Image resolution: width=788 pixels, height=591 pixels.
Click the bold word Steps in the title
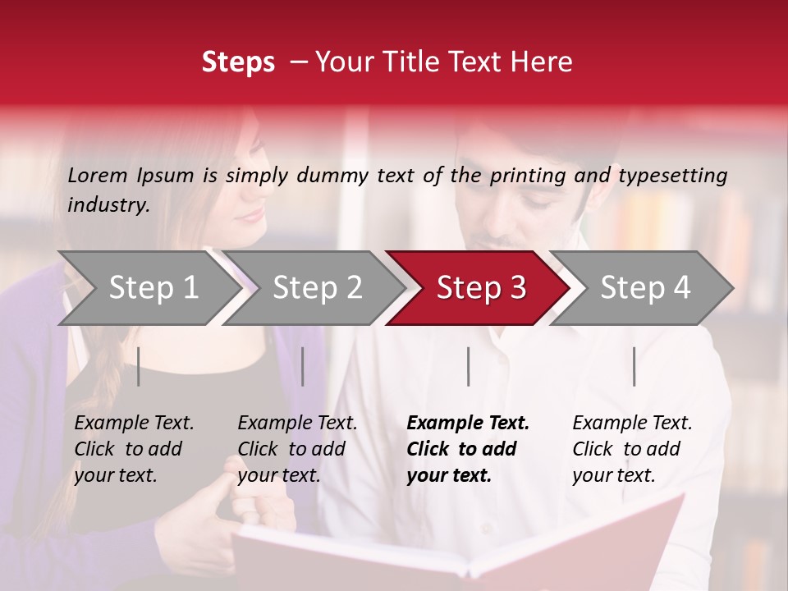(238, 62)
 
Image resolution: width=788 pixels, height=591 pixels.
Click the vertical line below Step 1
(139, 366)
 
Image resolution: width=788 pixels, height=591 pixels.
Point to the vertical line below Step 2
(303, 366)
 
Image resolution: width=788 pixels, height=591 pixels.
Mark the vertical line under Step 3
(469, 366)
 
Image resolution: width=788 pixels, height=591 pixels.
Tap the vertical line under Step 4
(635, 366)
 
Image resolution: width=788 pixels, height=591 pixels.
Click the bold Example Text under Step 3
(468, 424)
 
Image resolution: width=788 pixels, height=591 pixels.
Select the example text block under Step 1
(134, 449)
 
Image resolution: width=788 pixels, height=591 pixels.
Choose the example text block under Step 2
(297, 449)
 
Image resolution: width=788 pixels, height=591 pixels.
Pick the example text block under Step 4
(632, 449)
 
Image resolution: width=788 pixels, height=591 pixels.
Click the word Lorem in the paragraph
(98, 176)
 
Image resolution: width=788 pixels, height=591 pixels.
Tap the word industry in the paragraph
(108, 205)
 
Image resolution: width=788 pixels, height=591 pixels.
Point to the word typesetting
(672, 176)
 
